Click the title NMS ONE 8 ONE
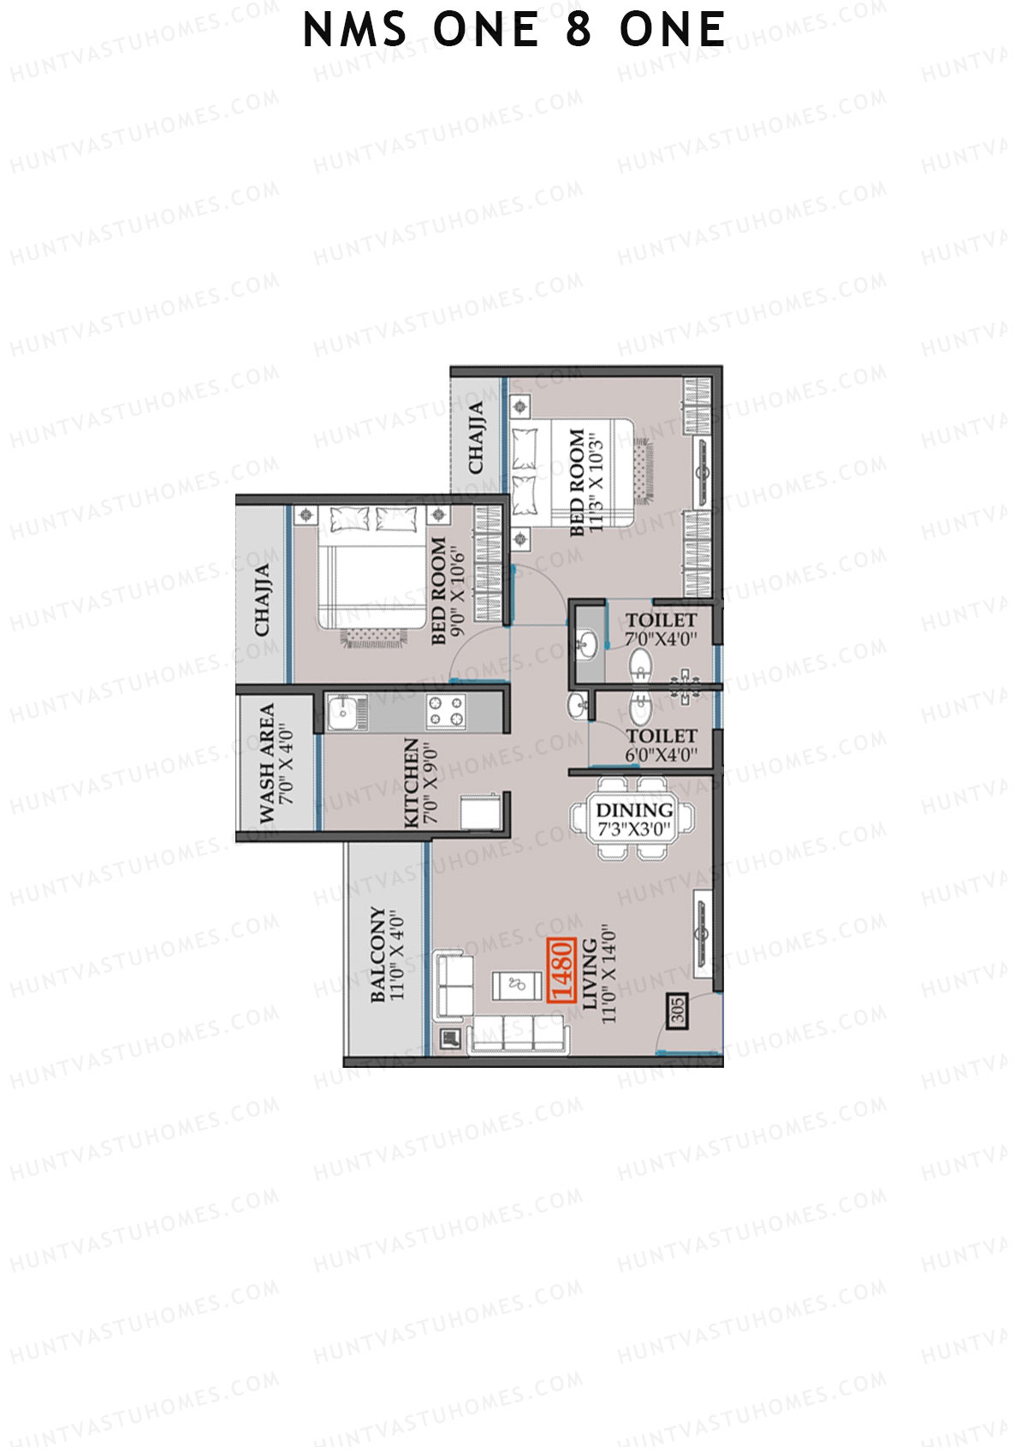pos(514,31)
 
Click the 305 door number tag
pos(676,1010)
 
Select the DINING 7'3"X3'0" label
pos(634,819)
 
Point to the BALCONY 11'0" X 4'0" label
pos(386,954)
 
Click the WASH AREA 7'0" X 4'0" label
pos(276,763)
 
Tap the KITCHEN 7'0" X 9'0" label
pos(420,783)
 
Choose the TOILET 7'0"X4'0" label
pos(661,628)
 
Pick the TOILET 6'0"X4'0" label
pos(661,744)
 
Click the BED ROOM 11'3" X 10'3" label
pos(586,483)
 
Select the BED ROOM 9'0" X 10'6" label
pos(448,590)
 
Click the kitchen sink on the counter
pos(347,712)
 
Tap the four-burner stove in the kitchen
pos(446,711)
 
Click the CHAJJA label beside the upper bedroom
pos(476,436)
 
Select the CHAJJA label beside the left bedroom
pos(262,599)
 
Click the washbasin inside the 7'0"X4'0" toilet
pos(588,643)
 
